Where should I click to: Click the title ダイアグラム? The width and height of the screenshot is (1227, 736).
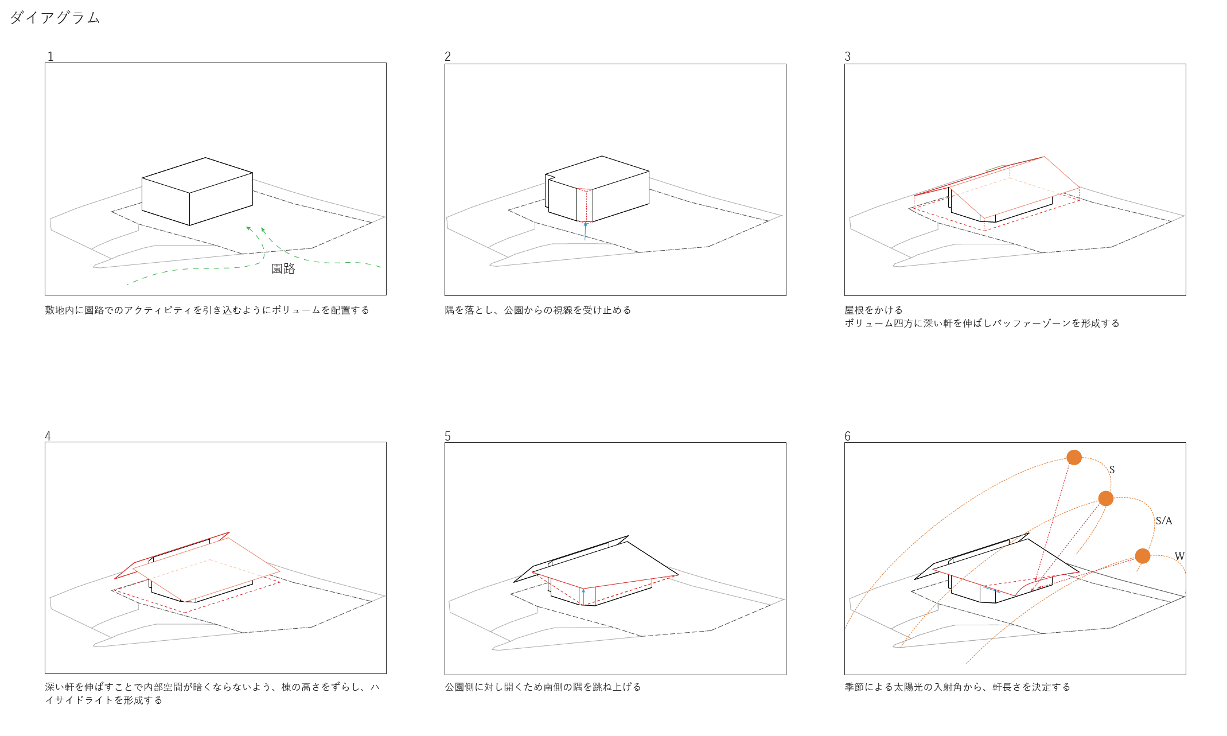coord(55,18)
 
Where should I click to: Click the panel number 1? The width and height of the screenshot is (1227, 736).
coord(50,56)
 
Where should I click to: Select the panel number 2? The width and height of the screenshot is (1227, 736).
coord(447,56)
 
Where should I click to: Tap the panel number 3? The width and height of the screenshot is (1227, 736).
coord(847,56)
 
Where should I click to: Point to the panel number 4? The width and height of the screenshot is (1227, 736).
coord(48,436)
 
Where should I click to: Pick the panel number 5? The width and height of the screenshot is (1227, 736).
coord(447,436)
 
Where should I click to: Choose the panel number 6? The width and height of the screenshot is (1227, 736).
coord(847,436)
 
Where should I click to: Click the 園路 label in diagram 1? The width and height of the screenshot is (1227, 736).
coord(283,268)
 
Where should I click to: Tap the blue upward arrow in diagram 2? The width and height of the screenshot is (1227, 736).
coord(585,231)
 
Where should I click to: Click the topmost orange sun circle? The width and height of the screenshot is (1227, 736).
coord(1074,457)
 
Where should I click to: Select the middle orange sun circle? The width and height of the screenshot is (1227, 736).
coord(1105,499)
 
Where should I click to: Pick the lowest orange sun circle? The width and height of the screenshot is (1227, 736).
coord(1142,556)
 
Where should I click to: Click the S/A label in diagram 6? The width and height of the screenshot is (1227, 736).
coord(1163,521)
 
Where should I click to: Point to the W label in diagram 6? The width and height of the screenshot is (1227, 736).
coord(1179,556)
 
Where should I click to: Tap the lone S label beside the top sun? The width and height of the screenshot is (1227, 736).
coord(1112,470)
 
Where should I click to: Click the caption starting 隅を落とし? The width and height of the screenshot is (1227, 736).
coord(538,310)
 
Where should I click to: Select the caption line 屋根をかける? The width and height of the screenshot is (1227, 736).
coord(874,310)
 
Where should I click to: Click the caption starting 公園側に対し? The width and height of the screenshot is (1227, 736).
coord(543,687)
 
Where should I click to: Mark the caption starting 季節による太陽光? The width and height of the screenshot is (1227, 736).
coord(957,687)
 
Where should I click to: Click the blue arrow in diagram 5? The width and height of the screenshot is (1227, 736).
coord(583,597)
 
